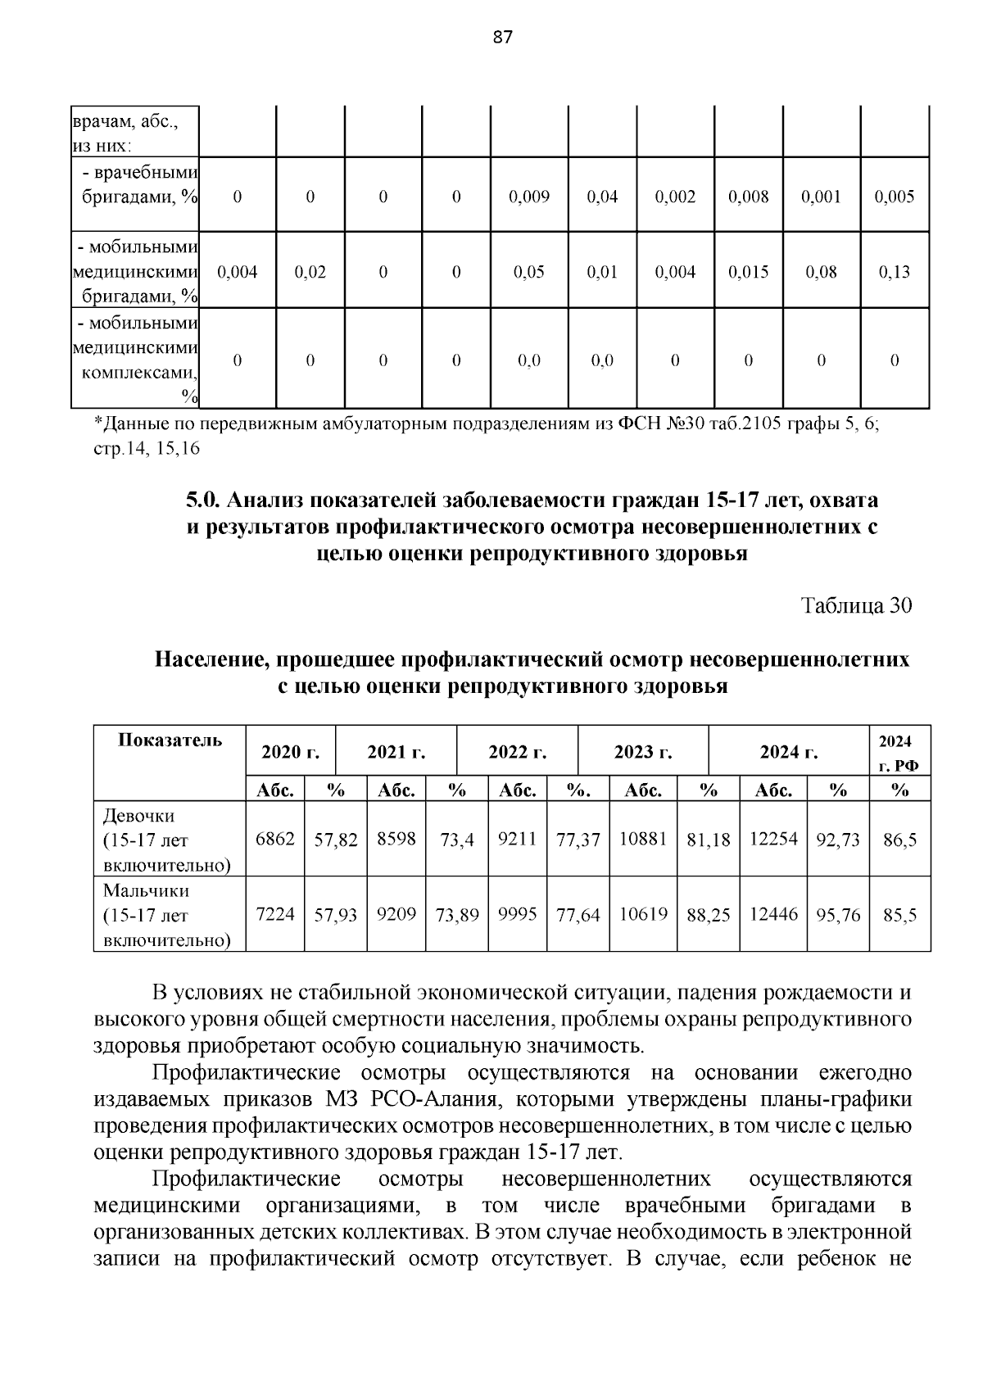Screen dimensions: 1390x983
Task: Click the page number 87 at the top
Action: click(x=502, y=37)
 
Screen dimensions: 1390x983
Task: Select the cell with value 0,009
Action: click(x=528, y=197)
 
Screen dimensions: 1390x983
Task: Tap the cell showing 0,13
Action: click(x=894, y=272)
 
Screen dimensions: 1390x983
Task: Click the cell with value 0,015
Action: click(x=748, y=272)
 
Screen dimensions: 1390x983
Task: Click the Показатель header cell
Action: click(x=170, y=740)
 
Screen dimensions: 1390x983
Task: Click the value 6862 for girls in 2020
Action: click(x=275, y=839)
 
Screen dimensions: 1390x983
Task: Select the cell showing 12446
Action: click(x=773, y=914)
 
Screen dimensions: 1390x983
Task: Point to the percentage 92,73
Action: click(x=837, y=840)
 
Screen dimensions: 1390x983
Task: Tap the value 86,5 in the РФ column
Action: click(x=899, y=840)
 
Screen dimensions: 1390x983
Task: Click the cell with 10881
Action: click(x=643, y=839)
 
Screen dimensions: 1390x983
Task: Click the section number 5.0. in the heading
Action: click(x=203, y=500)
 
